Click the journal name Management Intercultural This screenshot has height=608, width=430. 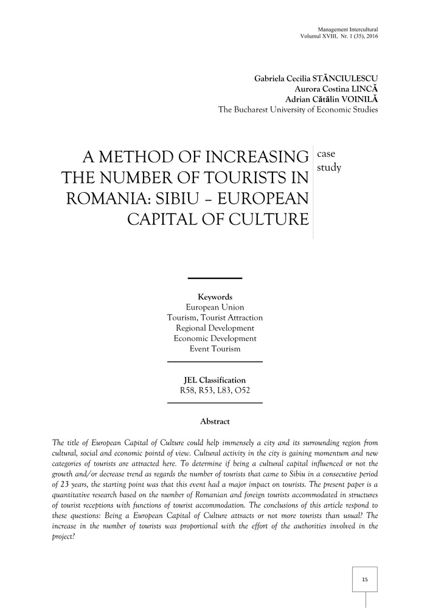[348, 29]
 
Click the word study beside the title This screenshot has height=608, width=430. [329, 167]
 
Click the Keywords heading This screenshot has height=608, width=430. [215, 297]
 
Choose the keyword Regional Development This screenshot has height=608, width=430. [215, 328]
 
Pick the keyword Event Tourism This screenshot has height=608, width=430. [215, 348]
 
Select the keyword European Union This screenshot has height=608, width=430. [215, 307]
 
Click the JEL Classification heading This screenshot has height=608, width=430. [215, 380]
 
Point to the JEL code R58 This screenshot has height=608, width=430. [189, 390]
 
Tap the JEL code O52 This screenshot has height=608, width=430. [241, 390]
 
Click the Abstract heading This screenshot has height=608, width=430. [215, 421]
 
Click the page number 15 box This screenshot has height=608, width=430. [365, 579]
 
